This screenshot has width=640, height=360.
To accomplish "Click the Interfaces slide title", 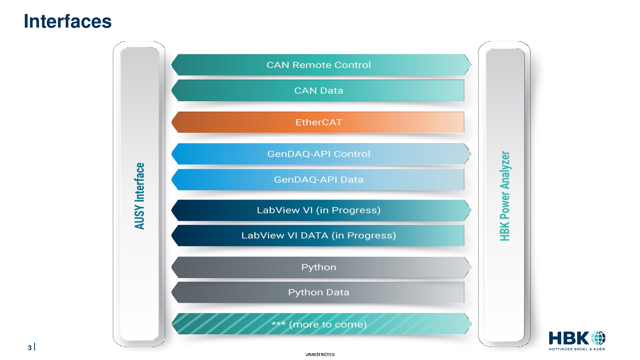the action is click(x=68, y=22).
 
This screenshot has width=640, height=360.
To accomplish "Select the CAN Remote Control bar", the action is click(x=321, y=65).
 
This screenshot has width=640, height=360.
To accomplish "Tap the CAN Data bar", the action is click(x=318, y=90).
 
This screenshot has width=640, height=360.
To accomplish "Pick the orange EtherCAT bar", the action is click(x=318, y=122).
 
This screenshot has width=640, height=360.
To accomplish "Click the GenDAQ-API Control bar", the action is click(x=321, y=154).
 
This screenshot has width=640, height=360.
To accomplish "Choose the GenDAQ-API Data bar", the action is click(x=318, y=180).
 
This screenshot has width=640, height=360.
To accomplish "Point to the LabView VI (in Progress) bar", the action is click(x=321, y=210).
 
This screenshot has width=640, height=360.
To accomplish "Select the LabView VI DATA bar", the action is click(x=318, y=236).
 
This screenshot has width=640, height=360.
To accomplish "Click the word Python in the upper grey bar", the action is click(x=318, y=268).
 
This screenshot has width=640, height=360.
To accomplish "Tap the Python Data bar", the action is click(x=318, y=292).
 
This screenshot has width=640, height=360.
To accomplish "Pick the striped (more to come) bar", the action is click(x=321, y=324).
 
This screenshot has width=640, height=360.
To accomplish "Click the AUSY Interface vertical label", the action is click(x=140, y=196).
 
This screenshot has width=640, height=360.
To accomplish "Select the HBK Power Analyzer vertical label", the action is click(x=505, y=196).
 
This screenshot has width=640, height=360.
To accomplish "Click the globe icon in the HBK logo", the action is click(x=598, y=338).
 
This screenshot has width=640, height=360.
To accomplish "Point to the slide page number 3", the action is click(x=30, y=348).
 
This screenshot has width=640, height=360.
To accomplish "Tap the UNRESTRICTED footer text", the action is click(x=320, y=354).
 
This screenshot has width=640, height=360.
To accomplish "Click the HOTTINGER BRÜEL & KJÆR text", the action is click(x=577, y=349).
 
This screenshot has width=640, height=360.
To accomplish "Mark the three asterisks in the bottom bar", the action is click(x=278, y=324).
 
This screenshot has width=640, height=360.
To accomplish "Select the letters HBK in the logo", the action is click(x=569, y=338).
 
